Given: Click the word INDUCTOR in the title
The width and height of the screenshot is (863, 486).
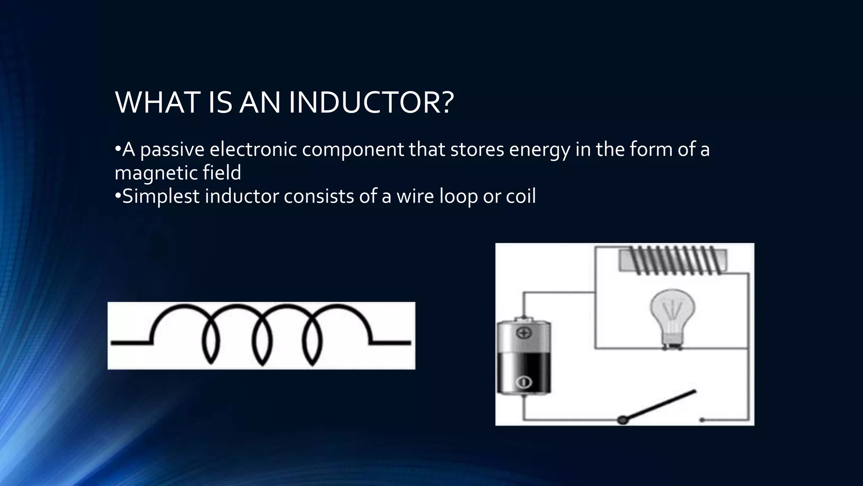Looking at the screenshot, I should pos(371,103).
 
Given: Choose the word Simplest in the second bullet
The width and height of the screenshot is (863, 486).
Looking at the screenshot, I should pos(158,197).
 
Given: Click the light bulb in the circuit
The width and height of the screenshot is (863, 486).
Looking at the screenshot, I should pos(672,316).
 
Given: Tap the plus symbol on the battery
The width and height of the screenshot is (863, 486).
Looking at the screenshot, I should pos(524,333).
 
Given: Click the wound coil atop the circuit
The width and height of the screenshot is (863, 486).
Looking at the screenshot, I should pos(673,260).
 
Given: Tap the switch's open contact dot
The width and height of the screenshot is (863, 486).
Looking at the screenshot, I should pos(702,420).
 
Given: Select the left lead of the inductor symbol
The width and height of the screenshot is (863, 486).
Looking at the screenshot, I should pos(131,343).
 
